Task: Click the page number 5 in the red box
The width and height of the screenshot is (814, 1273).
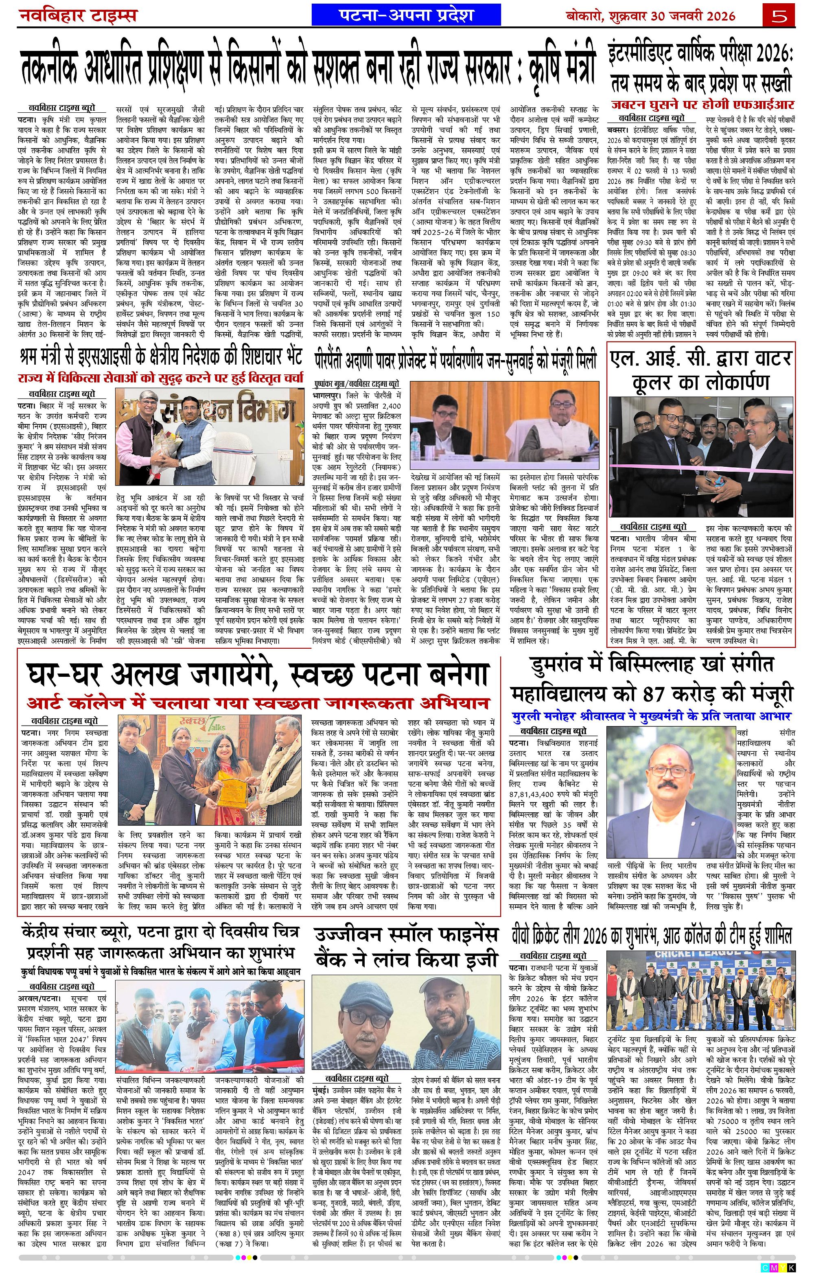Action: [x=779, y=15]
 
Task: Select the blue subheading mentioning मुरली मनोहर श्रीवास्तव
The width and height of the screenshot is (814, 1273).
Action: [x=651, y=716]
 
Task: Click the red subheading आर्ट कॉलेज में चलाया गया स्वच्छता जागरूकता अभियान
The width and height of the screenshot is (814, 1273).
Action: [x=258, y=703]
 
